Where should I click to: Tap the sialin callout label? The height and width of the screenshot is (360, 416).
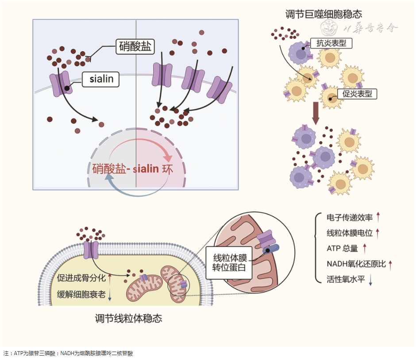[x=101, y=79]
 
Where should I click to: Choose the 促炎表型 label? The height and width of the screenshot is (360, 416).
[x=357, y=94]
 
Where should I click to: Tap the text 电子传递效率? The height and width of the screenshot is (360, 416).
[x=350, y=217]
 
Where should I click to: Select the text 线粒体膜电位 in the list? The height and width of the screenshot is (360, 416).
[x=350, y=233]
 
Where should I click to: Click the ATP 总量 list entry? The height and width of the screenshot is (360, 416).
[x=342, y=249]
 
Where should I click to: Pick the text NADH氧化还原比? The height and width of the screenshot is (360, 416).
[x=356, y=264]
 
